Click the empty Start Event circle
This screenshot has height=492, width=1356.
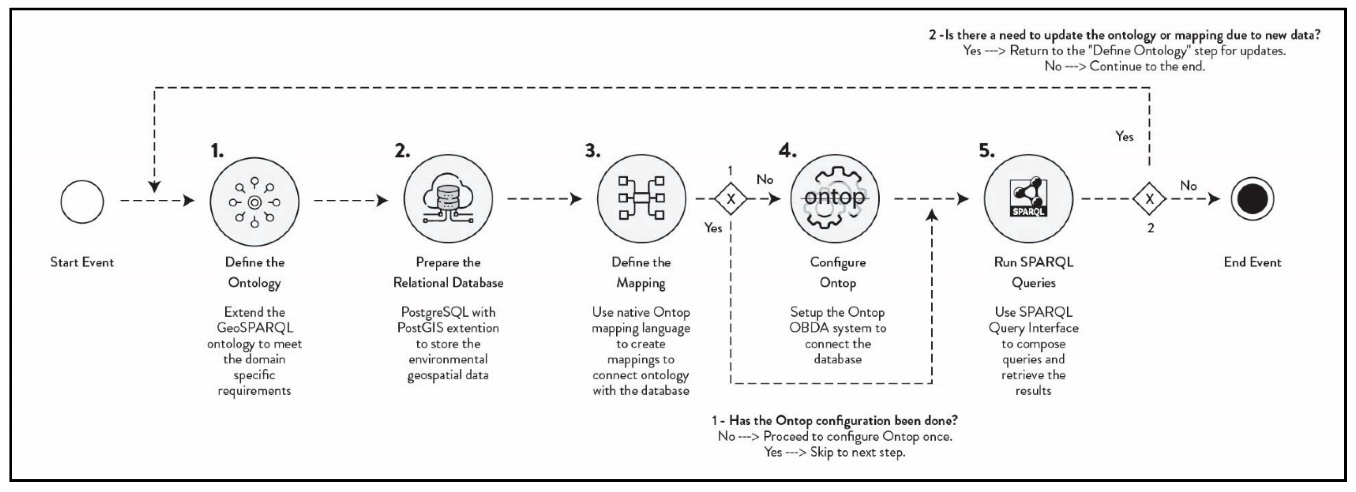(82, 202)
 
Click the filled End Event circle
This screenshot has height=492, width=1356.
(1252, 199)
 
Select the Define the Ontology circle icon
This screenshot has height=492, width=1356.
(254, 202)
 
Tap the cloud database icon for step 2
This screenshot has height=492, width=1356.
(448, 199)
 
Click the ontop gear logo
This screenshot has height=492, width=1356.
(835, 198)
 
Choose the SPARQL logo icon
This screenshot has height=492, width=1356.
(1028, 198)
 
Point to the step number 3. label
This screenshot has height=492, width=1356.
(593, 151)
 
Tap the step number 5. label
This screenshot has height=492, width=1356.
(986, 151)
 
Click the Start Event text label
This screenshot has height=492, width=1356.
(82, 262)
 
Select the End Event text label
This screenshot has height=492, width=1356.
(1252, 262)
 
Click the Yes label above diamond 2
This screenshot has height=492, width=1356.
(1124, 137)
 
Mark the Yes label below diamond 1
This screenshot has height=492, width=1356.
(713, 228)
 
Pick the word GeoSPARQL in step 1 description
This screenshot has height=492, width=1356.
(254, 328)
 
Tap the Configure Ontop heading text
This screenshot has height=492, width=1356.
(838, 272)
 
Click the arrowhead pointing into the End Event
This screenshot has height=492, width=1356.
(1214, 199)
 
